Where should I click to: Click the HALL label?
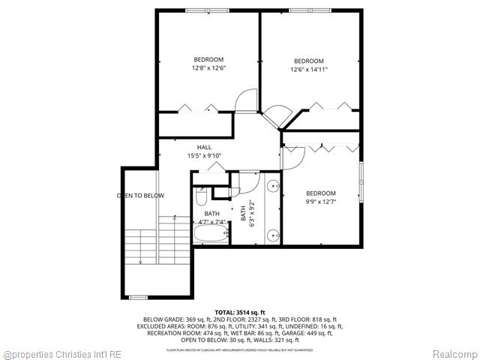pos(204,147)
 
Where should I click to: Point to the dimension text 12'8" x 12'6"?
pos(209,68)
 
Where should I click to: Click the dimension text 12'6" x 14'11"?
pos(308,70)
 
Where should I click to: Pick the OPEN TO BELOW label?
pos(140,196)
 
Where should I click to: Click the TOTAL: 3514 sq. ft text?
pos(240,311)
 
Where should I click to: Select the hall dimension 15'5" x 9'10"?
pos(204,156)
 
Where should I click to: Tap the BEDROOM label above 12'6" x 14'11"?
pos(308,61)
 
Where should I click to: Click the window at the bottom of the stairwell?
pos(138,298)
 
